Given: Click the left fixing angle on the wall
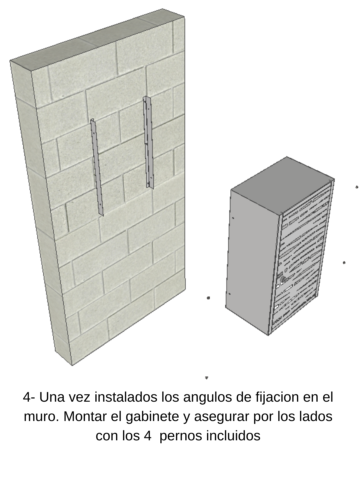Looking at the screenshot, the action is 97,167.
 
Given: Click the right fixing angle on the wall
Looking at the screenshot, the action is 148,142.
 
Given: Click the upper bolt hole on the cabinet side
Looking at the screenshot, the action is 233,218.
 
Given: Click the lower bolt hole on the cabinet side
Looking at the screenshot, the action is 229,294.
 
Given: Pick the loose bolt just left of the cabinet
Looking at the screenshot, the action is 208,298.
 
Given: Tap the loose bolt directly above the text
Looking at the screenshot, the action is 207,378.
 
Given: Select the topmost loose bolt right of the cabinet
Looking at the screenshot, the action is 357,187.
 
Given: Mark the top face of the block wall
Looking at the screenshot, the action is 97,39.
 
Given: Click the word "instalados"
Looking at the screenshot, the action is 126,397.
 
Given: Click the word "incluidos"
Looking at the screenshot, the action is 233,436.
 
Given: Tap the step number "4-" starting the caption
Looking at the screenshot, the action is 29,397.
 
